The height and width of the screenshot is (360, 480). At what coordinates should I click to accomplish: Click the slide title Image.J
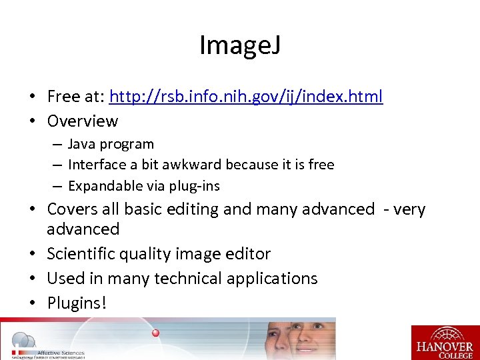coord(239,45)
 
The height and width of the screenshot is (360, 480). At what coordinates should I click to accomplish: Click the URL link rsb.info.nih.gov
coord(246,97)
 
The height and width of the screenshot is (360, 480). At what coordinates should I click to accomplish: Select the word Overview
coord(83,121)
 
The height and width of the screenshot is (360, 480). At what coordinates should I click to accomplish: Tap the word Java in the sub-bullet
coord(81,144)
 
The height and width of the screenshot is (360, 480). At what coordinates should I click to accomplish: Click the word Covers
coord(74,209)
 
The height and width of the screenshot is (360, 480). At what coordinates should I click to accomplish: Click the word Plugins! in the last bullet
coord(77,303)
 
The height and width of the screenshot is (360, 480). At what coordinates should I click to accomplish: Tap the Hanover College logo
coord(445,342)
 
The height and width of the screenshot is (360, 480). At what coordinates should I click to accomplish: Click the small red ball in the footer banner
coord(155,333)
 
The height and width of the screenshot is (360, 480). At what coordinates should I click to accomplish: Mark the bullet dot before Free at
coord(32,97)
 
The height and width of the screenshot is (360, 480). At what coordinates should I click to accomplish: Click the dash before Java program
coord(57,145)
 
